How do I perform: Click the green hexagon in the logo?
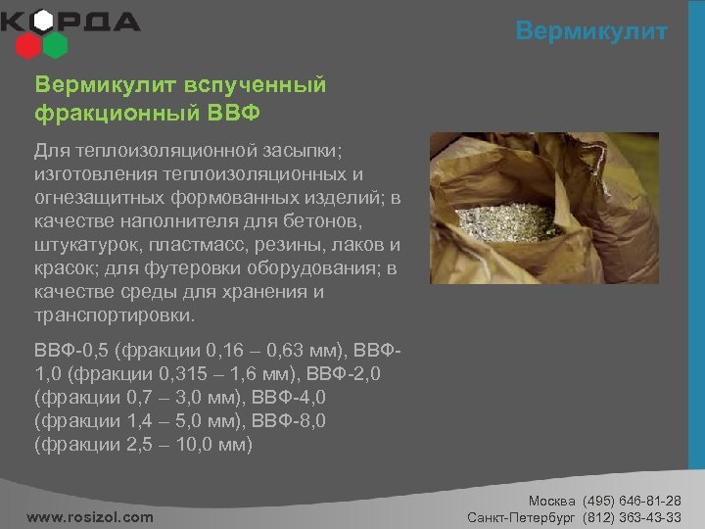(x=55, y=44)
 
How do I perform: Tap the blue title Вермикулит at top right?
(x=591, y=31)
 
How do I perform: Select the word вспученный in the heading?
(x=249, y=85)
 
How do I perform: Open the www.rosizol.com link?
(x=90, y=516)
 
